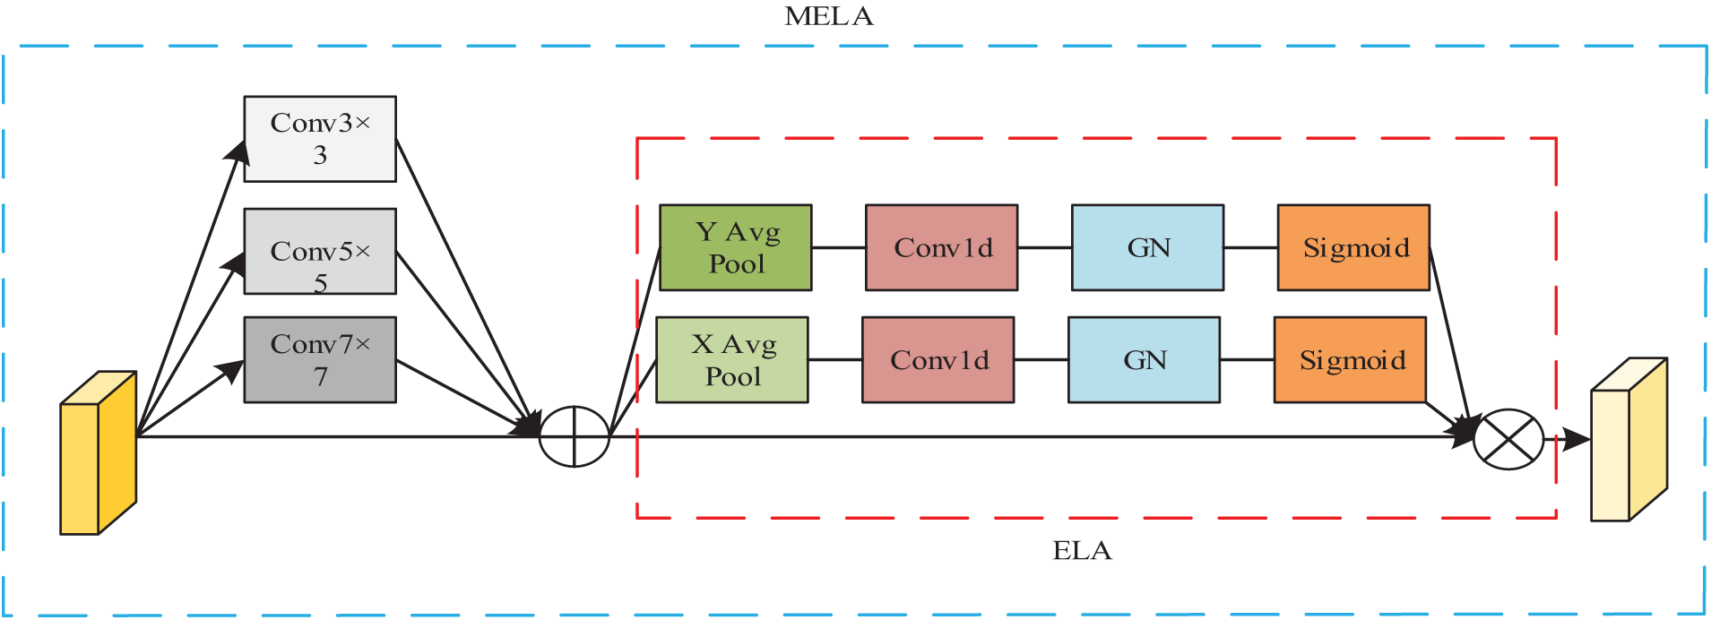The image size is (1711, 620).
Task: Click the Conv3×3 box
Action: [320, 139]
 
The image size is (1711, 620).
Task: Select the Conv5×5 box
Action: [320, 251]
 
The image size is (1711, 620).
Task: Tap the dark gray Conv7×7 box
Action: [320, 359]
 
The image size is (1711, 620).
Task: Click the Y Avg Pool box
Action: [736, 247]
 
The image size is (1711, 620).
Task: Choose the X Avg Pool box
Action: [732, 359]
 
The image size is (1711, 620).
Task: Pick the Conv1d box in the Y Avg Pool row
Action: [942, 247]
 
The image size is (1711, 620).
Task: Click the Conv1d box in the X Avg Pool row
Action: [938, 359]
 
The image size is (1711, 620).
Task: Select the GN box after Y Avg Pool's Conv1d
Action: [1148, 247]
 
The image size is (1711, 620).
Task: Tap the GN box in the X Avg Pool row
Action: [1145, 359]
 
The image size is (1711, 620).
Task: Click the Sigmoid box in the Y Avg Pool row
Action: [1353, 247]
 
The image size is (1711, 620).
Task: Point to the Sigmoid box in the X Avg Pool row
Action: [1350, 359]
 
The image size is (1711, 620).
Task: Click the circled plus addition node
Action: [575, 436]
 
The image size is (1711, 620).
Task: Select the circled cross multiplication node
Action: [1508, 439]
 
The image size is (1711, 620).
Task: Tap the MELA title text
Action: [829, 16]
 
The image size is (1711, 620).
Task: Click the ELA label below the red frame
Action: [1082, 550]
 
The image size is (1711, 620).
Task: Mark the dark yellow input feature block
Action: [99, 452]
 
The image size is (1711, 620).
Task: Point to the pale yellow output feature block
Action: [1629, 439]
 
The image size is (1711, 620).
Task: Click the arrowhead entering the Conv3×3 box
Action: [238, 151]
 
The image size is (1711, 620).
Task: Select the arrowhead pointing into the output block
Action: [1577, 439]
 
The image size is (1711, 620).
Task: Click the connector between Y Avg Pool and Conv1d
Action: [839, 247]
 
